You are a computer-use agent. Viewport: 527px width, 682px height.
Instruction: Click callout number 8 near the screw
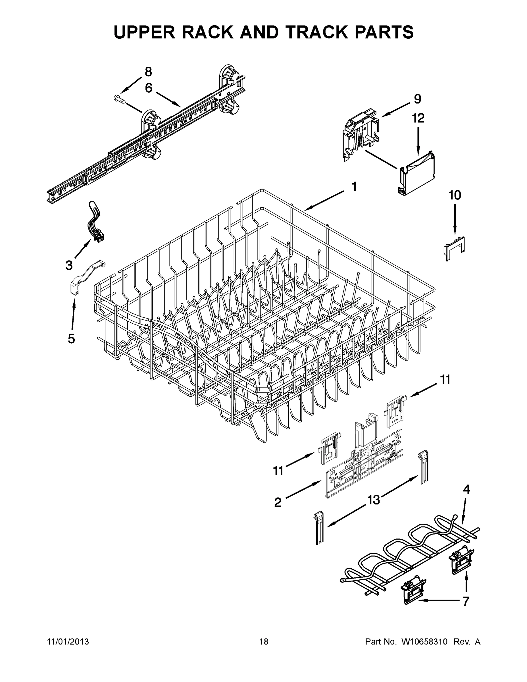click(x=148, y=72)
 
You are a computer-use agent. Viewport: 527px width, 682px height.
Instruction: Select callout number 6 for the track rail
click(x=149, y=88)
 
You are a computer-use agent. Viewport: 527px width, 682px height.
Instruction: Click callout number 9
click(x=417, y=99)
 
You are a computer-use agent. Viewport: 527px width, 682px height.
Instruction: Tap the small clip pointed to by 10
click(x=454, y=248)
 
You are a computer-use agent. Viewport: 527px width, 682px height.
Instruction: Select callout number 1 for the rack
click(x=354, y=187)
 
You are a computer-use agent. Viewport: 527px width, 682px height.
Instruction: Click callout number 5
click(x=72, y=338)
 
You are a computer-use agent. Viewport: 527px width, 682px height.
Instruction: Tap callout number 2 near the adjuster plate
click(x=278, y=502)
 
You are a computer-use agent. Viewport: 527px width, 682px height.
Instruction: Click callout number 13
click(x=373, y=500)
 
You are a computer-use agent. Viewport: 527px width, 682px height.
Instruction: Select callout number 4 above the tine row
click(x=466, y=490)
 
